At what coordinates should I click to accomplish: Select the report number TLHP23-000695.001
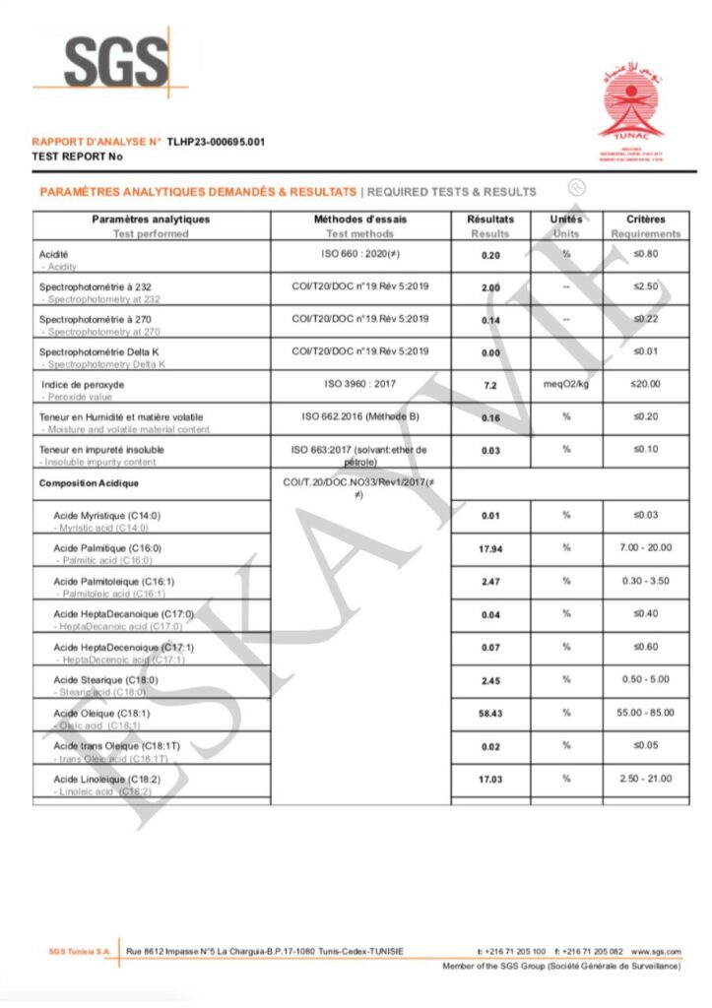(x=216, y=142)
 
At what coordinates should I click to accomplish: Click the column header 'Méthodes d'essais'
(x=359, y=220)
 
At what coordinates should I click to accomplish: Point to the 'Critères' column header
(x=645, y=220)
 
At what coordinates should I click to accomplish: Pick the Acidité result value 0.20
(x=490, y=255)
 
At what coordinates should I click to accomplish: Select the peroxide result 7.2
(x=490, y=385)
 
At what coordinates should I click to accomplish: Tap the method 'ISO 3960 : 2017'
(x=359, y=384)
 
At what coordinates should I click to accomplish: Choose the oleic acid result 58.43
(x=490, y=713)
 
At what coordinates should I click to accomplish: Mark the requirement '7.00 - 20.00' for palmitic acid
(x=647, y=548)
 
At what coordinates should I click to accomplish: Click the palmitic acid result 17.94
(x=490, y=549)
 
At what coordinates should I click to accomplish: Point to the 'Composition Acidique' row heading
(x=89, y=483)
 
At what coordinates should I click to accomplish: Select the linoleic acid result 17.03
(x=490, y=779)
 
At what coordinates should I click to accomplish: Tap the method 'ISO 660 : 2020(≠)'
(x=359, y=254)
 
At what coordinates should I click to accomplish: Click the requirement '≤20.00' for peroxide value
(x=646, y=384)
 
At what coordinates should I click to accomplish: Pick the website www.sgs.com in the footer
(x=656, y=951)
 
